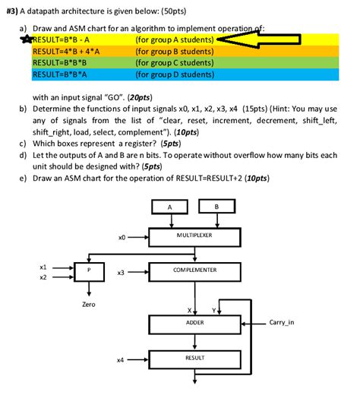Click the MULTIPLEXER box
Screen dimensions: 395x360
(194, 236)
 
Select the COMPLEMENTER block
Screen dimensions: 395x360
(194, 270)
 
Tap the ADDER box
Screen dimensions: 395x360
(194, 323)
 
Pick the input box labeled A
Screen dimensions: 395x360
(170, 207)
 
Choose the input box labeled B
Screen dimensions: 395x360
(216, 207)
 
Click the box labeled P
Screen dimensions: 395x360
(90, 271)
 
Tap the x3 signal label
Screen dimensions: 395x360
(121, 272)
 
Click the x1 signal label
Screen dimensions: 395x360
(43, 267)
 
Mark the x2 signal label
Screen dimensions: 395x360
(43, 278)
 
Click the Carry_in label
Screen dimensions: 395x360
(282, 323)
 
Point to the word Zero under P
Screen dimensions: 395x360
(89, 305)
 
